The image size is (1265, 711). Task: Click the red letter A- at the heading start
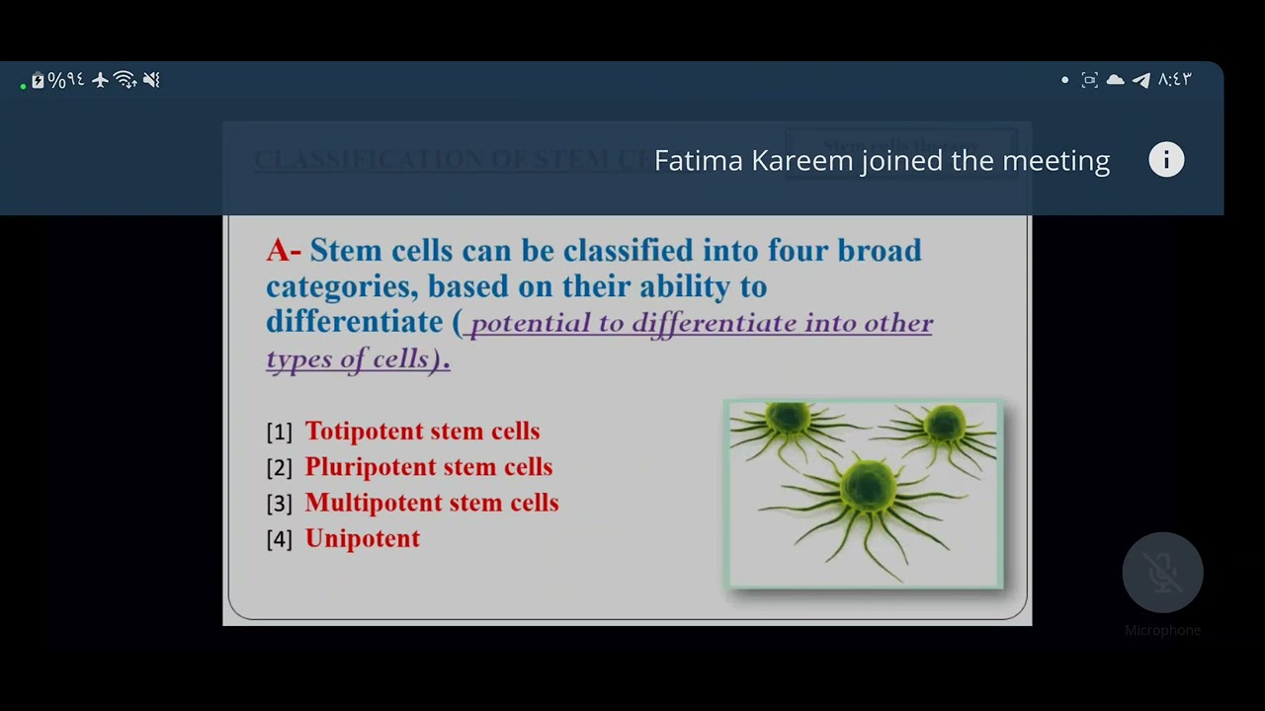click(x=283, y=251)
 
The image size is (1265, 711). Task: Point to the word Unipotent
click(x=363, y=539)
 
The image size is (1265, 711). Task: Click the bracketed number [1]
click(x=279, y=433)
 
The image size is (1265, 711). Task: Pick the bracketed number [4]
click(x=279, y=539)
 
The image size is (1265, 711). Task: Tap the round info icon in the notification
click(x=1166, y=160)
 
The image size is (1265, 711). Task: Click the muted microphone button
click(x=1162, y=573)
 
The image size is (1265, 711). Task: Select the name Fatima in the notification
click(x=698, y=161)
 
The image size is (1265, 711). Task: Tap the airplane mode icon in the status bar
click(x=100, y=81)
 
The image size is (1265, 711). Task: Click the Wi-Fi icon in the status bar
click(x=126, y=81)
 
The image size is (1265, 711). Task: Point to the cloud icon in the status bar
click(x=1115, y=80)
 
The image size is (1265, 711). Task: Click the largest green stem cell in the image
click(x=867, y=487)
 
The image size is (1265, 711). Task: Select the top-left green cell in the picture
click(x=788, y=421)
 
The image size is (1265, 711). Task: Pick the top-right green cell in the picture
click(x=944, y=426)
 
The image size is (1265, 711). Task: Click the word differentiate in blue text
click(x=354, y=322)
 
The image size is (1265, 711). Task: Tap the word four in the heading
click(x=798, y=251)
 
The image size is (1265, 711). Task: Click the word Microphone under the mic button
click(x=1162, y=630)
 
